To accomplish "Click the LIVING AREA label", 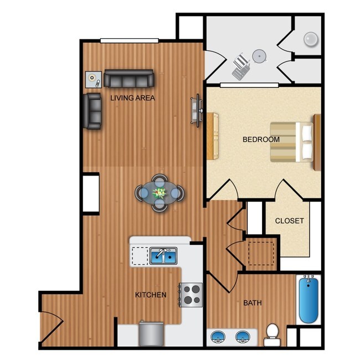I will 132,98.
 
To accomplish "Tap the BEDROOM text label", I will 261,140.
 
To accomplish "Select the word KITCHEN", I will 151,295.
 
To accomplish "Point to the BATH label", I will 252,303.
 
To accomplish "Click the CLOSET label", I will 290,220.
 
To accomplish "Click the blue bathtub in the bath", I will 308,300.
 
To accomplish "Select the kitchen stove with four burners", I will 191,294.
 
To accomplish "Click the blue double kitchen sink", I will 163,256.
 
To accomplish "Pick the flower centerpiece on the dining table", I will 160,193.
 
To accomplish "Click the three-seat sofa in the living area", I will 129,79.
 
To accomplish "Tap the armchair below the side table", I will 92,111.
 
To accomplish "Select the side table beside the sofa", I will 93,80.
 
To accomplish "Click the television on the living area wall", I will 196,110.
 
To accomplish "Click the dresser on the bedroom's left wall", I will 213,136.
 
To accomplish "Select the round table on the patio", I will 259,56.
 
